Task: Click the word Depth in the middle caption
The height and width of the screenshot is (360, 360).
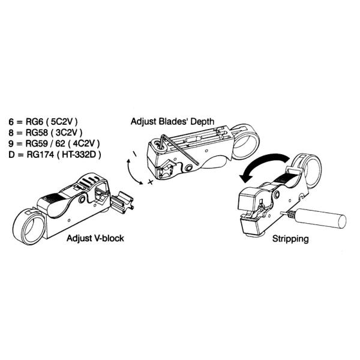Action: (202, 121)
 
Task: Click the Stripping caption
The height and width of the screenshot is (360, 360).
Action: (290, 239)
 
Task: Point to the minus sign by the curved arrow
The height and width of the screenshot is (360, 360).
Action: (134, 154)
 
